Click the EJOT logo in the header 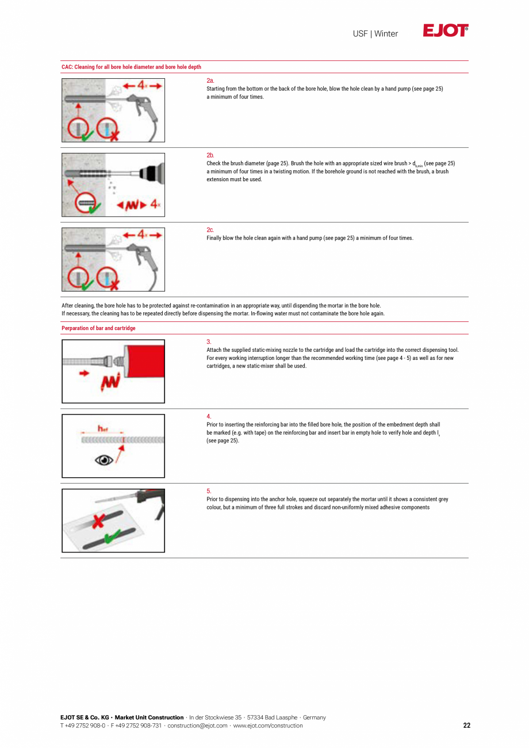coord(446,30)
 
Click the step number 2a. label coord(210,81)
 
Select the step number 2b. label coord(210,155)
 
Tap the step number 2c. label coord(210,230)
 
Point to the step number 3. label coord(209,342)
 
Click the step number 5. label coord(209,491)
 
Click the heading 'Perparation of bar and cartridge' coord(98,328)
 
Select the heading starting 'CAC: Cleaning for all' coord(131,67)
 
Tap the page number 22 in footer coord(466,726)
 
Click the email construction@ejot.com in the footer coord(197,726)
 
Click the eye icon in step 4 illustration coord(103,460)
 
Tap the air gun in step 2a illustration coord(141,103)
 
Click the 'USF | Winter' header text coord(375,34)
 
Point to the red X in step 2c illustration coord(113,285)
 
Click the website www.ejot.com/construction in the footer coord(267,726)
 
